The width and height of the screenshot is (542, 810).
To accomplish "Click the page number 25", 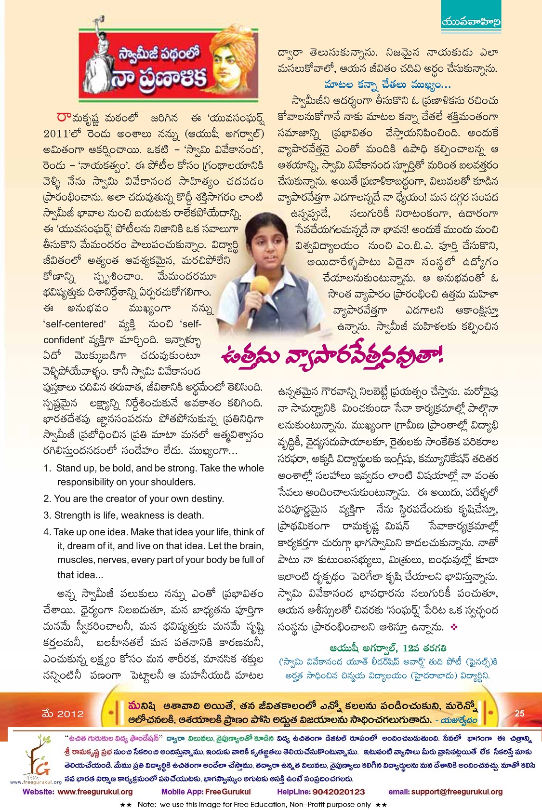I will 519,714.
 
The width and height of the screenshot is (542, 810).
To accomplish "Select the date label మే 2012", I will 63,714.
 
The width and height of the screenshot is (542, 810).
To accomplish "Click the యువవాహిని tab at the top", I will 471,22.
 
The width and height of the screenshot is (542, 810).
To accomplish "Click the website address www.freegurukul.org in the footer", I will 95,792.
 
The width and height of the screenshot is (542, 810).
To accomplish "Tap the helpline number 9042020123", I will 338,792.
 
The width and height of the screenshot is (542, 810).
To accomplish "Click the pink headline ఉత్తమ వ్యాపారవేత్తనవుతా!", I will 331,356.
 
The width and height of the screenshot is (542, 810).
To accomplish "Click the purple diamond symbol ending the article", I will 452,627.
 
